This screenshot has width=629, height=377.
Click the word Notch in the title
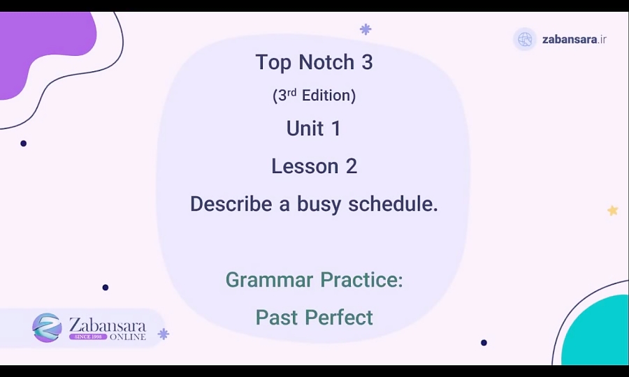(326, 62)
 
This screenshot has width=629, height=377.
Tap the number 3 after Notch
(367, 62)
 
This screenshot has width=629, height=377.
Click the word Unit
(304, 128)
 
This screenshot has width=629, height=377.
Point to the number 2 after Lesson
(351, 166)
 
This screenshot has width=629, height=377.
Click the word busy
(319, 204)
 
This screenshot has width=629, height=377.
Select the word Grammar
(268, 280)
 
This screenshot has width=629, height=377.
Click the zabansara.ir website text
(574, 39)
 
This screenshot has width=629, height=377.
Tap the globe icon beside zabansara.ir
(525, 39)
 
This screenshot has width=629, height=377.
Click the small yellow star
(613, 210)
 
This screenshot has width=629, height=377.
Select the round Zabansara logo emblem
(47, 327)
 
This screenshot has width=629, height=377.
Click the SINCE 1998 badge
(87, 337)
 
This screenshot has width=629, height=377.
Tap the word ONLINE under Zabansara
(128, 337)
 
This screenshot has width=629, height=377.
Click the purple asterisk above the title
(366, 29)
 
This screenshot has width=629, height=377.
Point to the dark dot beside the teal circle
(484, 343)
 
